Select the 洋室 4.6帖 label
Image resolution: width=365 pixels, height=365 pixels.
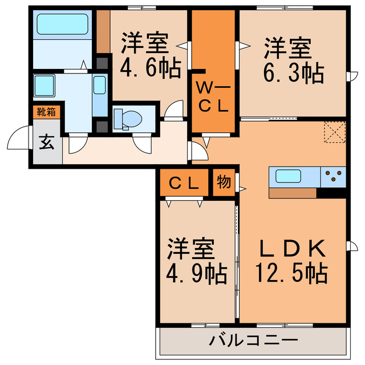tap(150, 56)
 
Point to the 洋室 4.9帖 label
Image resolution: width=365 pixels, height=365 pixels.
tap(196, 261)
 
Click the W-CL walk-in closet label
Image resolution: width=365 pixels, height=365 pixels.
tap(213, 96)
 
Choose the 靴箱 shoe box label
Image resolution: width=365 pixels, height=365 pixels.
tap(46, 112)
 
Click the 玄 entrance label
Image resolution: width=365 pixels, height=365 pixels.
tap(46, 143)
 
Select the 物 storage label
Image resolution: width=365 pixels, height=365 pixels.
tap(224, 182)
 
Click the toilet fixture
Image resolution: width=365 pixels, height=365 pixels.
tap(128, 119)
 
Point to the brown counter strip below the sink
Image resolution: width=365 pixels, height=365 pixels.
tap(291, 193)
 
